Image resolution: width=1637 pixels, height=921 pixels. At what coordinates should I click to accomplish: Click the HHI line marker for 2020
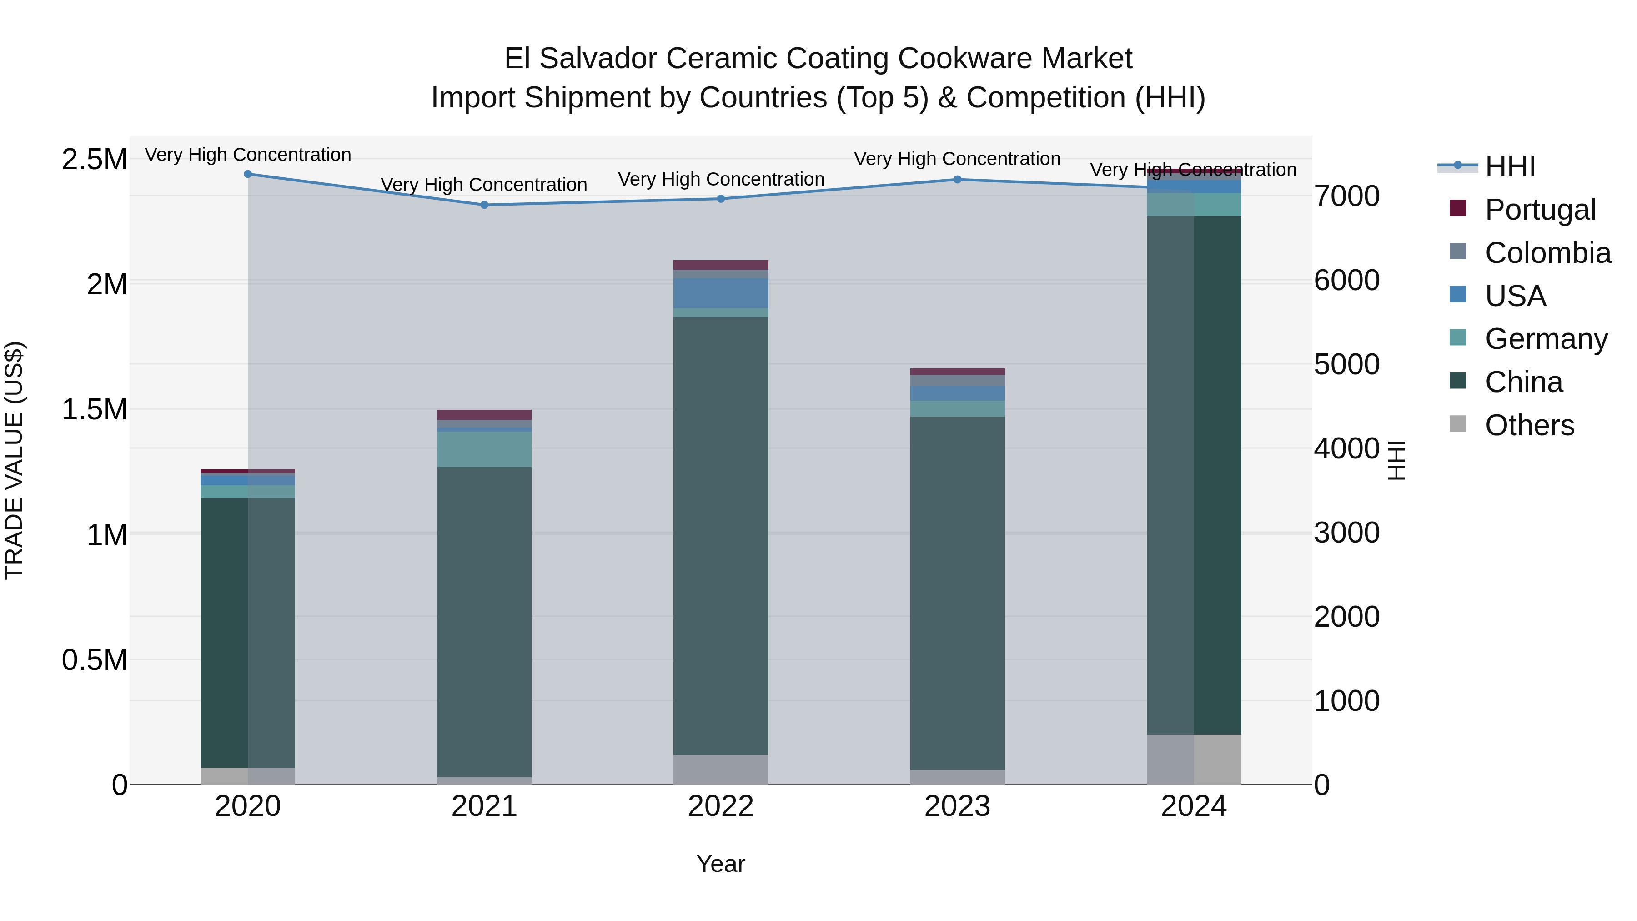click(x=248, y=174)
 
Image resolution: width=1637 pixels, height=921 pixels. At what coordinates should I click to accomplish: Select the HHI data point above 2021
click(x=484, y=205)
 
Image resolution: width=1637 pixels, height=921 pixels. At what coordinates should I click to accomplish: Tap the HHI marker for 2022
click(x=721, y=199)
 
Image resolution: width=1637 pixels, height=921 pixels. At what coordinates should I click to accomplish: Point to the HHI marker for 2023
click(x=957, y=179)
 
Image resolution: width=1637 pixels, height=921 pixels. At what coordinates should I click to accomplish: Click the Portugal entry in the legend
click(x=1540, y=210)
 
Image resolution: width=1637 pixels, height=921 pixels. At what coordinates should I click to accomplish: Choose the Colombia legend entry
click(x=1547, y=253)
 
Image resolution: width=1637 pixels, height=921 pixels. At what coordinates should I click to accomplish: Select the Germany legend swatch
click(x=1458, y=338)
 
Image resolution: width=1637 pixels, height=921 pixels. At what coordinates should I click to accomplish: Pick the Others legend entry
click(x=1529, y=425)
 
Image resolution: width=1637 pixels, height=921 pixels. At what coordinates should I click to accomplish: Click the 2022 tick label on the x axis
click(x=721, y=806)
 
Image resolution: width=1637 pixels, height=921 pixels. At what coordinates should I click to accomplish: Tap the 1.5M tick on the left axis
click(x=95, y=409)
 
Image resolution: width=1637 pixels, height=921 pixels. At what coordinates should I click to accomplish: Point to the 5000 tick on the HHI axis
click(x=1346, y=365)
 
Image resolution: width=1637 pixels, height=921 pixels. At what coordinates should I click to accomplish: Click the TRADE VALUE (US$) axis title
click(x=14, y=460)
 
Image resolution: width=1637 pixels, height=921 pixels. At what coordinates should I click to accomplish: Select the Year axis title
click(x=721, y=864)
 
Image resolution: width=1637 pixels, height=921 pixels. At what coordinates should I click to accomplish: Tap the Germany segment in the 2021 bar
click(x=484, y=449)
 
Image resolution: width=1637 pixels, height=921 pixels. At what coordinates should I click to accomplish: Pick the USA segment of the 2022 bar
click(x=721, y=293)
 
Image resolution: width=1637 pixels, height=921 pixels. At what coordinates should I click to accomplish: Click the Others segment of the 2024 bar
click(x=1194, y=759)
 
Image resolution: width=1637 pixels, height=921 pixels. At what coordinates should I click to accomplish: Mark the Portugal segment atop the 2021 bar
click(x=484, y=414)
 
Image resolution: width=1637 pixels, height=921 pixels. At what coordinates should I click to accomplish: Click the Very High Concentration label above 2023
click(x=957, y=159)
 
